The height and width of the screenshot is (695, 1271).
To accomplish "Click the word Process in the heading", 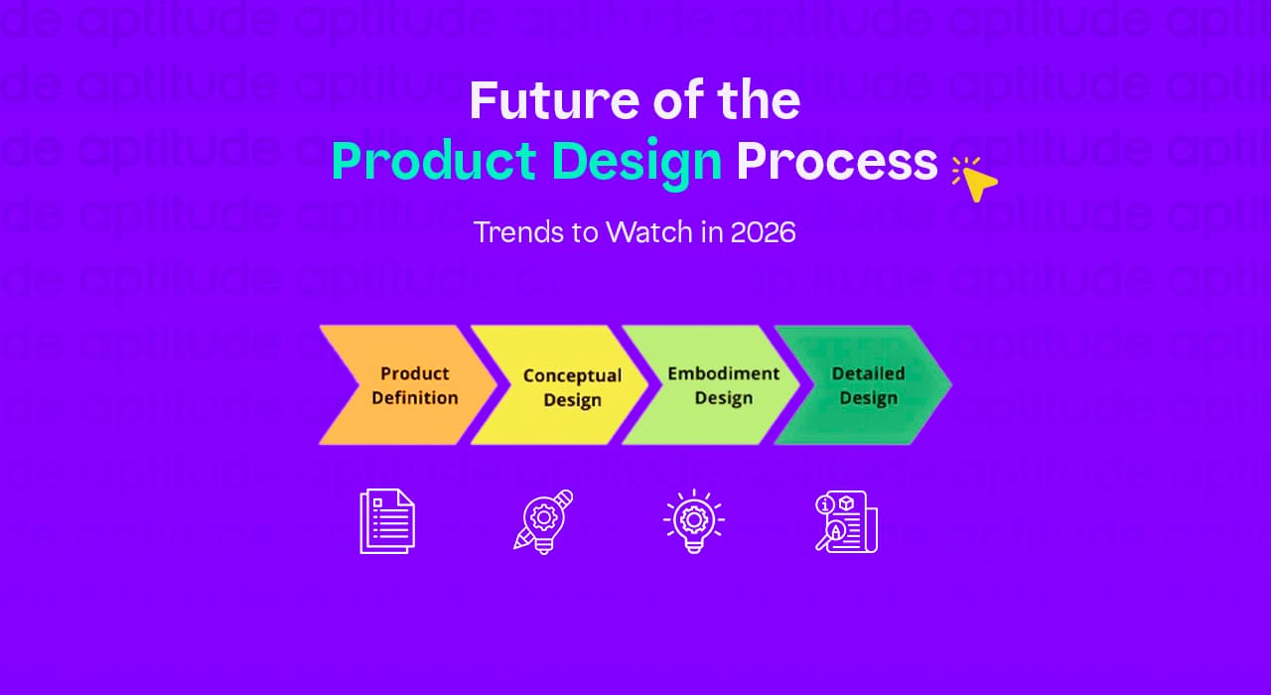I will pyautogui.click(x=836, y=162).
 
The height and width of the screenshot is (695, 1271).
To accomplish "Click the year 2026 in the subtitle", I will pyautogui.click(x=763, y=232).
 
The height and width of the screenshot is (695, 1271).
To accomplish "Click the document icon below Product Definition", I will pyautogui.click(x=386, y=521).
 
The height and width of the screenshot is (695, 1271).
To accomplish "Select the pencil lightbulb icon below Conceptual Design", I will pyautogui.click(x=543, y=521).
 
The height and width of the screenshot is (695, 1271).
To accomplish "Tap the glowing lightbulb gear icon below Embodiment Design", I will pyautogui.click(x=693, y=521).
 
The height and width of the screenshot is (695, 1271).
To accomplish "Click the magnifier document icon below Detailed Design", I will pyautogui.click(x=846, y=521).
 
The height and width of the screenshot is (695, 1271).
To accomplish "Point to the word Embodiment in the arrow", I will pyautogui.click(x=723, y=373).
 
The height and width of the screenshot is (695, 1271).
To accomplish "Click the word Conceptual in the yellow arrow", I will pyautogui.click(x=572, y=375).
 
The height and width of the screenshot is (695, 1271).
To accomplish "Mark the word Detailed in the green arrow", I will pyautogui.click(x=868, y=373).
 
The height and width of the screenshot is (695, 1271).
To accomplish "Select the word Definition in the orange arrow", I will pyautogui.click(x=415, y=398).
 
